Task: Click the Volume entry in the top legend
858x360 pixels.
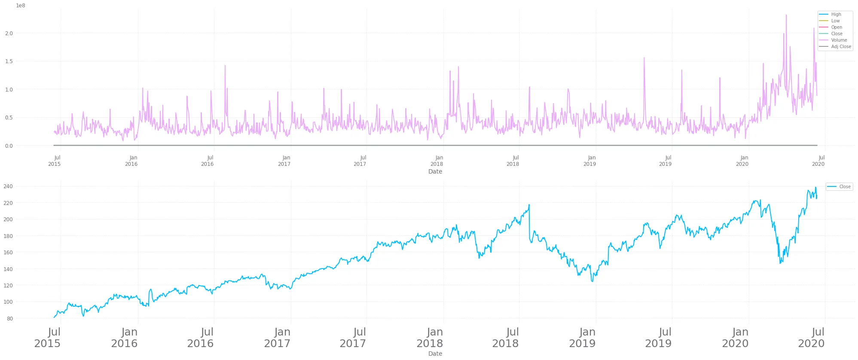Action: pos(839,40)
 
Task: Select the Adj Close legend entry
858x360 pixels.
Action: pos(841,46)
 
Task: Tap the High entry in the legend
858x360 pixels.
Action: pos(836,14)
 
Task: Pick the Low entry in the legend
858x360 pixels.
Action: pos(835,21)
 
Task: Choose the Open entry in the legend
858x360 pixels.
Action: pos(837,27)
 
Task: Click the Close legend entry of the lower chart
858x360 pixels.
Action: pos(845,186)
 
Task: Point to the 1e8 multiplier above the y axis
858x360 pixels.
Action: pos(21,6)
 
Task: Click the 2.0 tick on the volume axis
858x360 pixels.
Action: pos(9,33)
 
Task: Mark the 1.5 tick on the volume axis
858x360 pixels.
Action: pos(9,61)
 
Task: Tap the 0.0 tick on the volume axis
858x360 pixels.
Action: pos(9,146)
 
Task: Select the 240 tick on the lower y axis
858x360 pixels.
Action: pos(8,186)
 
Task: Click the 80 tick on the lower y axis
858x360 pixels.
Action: pos(10,318)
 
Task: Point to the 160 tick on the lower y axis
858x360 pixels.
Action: pos(8,252)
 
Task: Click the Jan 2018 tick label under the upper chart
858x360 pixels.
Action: pos(437,161)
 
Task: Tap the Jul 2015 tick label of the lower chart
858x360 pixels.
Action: pos(48,338)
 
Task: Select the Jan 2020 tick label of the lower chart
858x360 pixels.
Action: pos(735,338)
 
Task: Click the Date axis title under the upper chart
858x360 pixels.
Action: pos(435,171)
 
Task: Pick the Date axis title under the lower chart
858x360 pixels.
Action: pos(435,354)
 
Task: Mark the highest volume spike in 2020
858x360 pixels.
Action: pos(786,15)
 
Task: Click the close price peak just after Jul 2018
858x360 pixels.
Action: pos(529,205)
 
